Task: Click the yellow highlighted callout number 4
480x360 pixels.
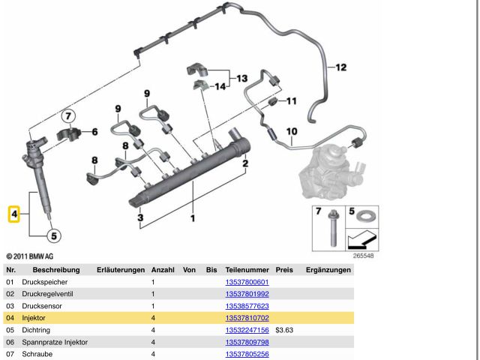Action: pyautogui.click(x=14, y=214)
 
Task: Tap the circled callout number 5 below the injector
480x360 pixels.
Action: pyautogui.click(x=54, y=236)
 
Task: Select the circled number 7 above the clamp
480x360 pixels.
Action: pyautogui.click(x=68, y=116)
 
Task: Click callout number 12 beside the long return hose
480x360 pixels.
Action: pyautogui.click(x=341, y=67)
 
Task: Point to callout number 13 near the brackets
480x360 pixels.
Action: pyautogui.click(x=242, y=78)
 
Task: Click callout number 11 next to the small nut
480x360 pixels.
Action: pyautogui.click(x=292, y=101)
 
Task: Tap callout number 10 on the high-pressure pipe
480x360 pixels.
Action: pyautogui.click(x=292, y=132)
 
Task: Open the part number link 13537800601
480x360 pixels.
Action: pyautogui.click(x=247, y=282)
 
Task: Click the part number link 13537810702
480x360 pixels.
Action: pyautogui.click(x=247, y=318)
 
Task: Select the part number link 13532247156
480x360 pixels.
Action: pyautogui.click(x=247, y=330)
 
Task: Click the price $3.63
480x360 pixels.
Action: pyautogui.click(x=284, y=330)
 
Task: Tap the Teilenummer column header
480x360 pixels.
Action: pyautogui.click(x=247, y=270)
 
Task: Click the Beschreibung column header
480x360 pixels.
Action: pyautogui.click(x=56, y=270)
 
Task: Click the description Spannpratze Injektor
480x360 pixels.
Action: pyautogui.click(x=55, y=342)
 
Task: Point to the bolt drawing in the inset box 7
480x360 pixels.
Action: pyautogui.click(x=333, y=228)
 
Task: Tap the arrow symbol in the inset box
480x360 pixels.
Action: pyautogui.click(x=362, y=240)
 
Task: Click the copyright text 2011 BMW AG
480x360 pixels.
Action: pyautogui.click(x=30, y=256)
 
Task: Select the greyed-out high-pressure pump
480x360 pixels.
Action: pyautogui.click(x=332, y=172)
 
